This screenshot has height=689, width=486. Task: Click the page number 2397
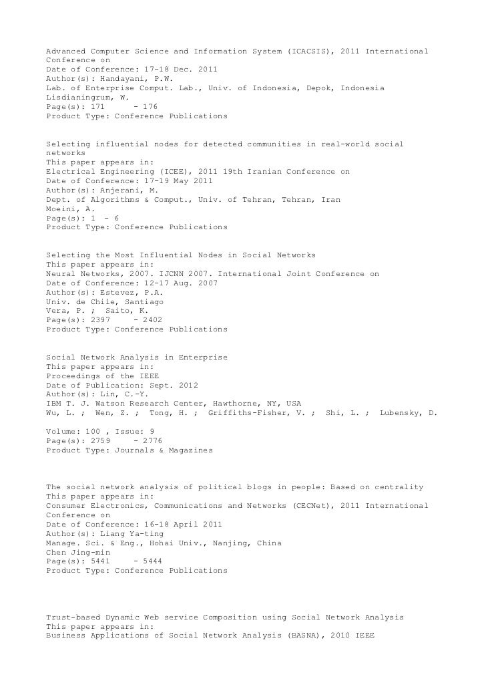click(99, 320)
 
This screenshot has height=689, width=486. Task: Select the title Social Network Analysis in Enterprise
click(136, 358)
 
